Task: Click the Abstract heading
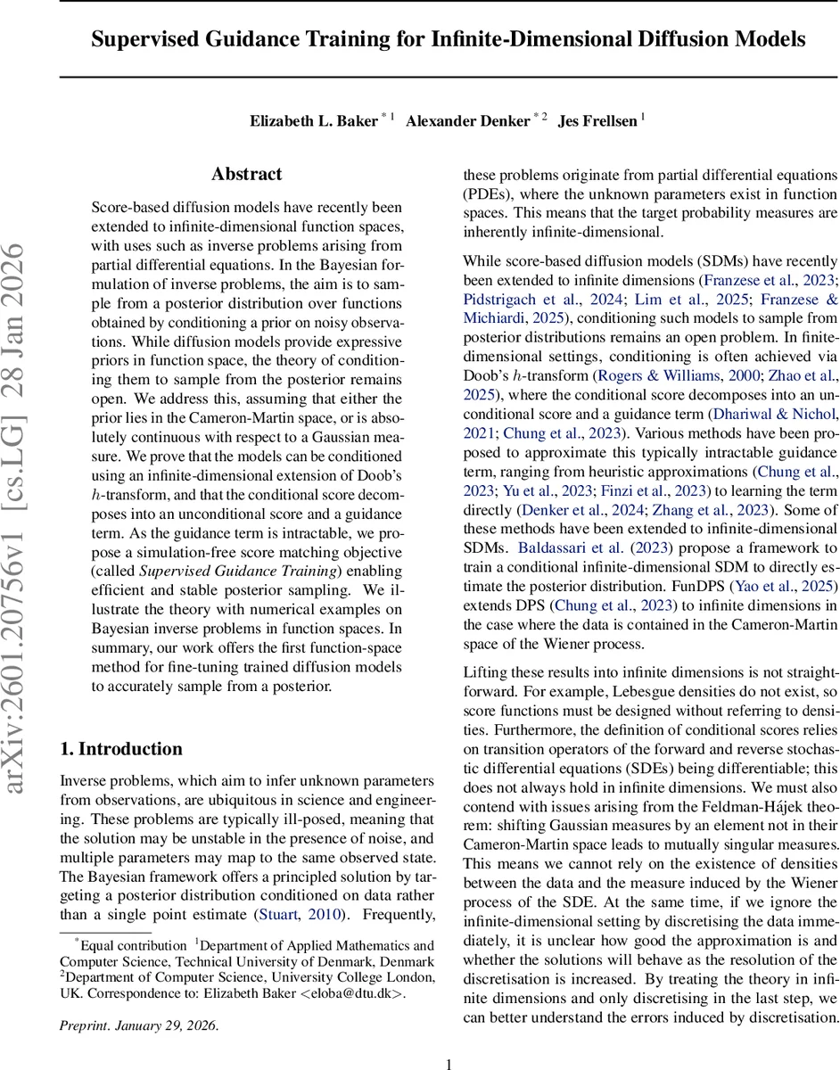pyautogui.click(x=247, y=175)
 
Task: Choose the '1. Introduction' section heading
pyautogui.click(x=121, y=749)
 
